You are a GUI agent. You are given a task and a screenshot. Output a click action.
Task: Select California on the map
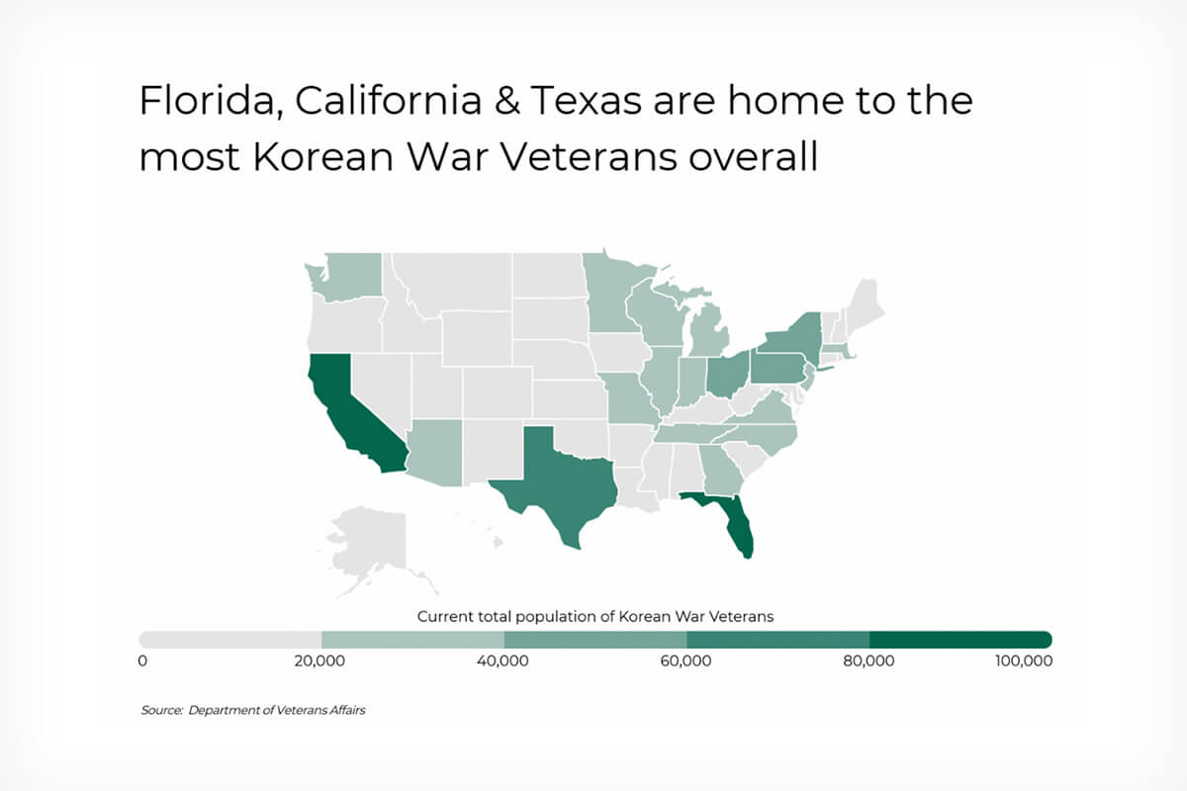point(350,418)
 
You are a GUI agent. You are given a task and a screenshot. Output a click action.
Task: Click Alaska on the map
point(371,546)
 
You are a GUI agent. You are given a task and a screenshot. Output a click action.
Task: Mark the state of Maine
point(865,308)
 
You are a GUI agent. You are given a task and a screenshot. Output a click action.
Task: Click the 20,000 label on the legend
point(320,660)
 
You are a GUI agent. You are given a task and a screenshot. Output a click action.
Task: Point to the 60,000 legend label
point(685,660)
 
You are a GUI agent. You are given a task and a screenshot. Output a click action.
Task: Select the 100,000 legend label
point(1024,660)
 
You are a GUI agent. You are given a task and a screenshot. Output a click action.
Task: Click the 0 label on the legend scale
point(142,660)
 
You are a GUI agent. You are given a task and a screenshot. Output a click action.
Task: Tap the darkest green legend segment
point(960,640)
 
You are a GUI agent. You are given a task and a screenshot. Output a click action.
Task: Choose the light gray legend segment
point(229,640)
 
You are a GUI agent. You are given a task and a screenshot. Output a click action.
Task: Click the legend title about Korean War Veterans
point(595,617)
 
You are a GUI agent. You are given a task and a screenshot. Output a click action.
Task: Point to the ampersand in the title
point(506,101)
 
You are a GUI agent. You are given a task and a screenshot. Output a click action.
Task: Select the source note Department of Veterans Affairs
point(277,710)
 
